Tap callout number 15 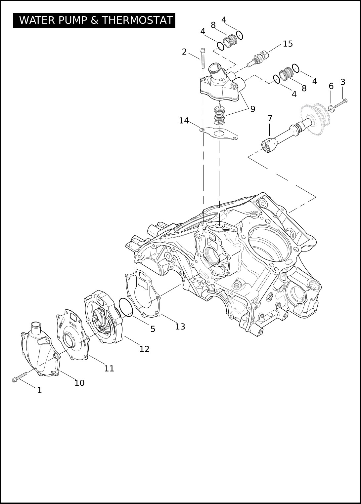click(288, 44)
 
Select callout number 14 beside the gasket click(184, 121)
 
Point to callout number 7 click(270, 118)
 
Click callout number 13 click(180, 327)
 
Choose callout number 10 click(79, 383)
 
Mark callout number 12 click(144, 349)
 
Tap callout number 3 click(343, 82)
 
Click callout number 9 click(253, 109)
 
